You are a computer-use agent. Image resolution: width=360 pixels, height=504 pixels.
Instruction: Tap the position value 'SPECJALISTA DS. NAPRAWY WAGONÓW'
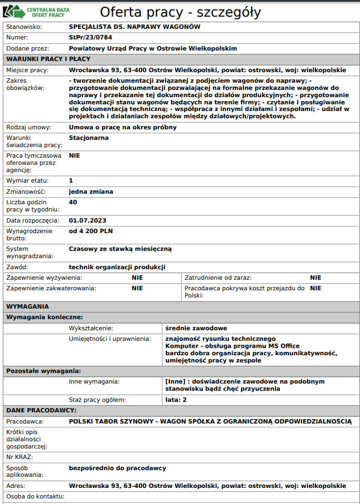pos(134,27)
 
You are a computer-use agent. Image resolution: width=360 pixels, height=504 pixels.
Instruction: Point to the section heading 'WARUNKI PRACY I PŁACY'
pos(48,59)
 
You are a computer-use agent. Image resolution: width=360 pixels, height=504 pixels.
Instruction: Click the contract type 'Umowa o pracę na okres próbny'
pos(123,127)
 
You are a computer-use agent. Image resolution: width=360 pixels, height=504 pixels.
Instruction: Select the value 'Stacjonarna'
pos(89,138)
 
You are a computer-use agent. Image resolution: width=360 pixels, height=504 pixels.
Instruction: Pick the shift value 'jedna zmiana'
pos(91,191)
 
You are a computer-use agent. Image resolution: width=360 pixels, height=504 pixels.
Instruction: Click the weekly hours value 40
pos(73,202)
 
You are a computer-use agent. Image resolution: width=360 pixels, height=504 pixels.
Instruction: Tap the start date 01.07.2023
pos(87,220)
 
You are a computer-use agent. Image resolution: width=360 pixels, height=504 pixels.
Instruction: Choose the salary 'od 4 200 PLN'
pos(91,231)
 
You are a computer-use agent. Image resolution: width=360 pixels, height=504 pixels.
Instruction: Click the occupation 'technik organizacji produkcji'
pos(117,267)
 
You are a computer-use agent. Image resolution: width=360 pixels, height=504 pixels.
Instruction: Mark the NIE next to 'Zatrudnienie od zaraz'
pos(316,277)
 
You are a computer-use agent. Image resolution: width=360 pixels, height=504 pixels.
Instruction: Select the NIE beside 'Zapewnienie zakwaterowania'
pos(137,288)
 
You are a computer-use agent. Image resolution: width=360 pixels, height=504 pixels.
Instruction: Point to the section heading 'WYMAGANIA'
pos(27,306)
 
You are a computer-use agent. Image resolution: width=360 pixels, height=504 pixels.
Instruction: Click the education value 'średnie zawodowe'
pos(196,328)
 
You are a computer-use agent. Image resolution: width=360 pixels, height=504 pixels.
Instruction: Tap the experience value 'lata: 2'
pos(176,399)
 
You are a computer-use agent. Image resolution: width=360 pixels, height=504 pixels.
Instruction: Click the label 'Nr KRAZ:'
pos(19,457)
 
